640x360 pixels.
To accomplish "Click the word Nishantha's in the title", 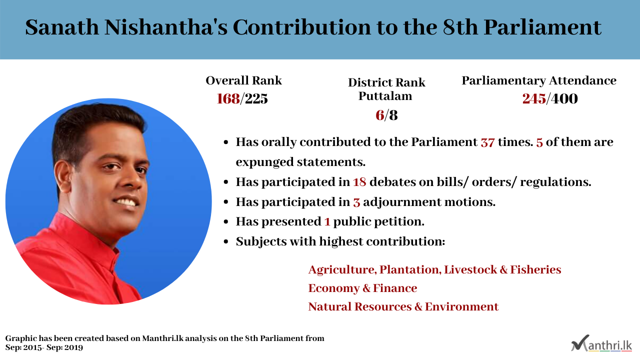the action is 165,27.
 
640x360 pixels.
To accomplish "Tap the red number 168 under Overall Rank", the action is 228,99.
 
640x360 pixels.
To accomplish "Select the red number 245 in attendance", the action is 534,99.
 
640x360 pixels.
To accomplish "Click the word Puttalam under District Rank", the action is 385,96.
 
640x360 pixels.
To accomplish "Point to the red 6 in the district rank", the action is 379,115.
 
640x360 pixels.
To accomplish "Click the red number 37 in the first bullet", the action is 487,142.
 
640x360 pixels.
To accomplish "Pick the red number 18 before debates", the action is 359,182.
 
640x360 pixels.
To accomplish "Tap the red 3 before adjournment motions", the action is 356,202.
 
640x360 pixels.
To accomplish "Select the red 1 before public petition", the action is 327,221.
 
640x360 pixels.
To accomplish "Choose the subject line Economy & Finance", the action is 362,288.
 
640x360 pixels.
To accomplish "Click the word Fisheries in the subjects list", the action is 535,269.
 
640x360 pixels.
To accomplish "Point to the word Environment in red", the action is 461,306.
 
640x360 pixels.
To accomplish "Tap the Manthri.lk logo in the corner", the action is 601,343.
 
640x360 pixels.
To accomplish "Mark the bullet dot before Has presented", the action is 226,222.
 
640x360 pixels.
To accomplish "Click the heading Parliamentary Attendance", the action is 539,81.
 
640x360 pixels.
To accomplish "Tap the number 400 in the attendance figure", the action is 564,99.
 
